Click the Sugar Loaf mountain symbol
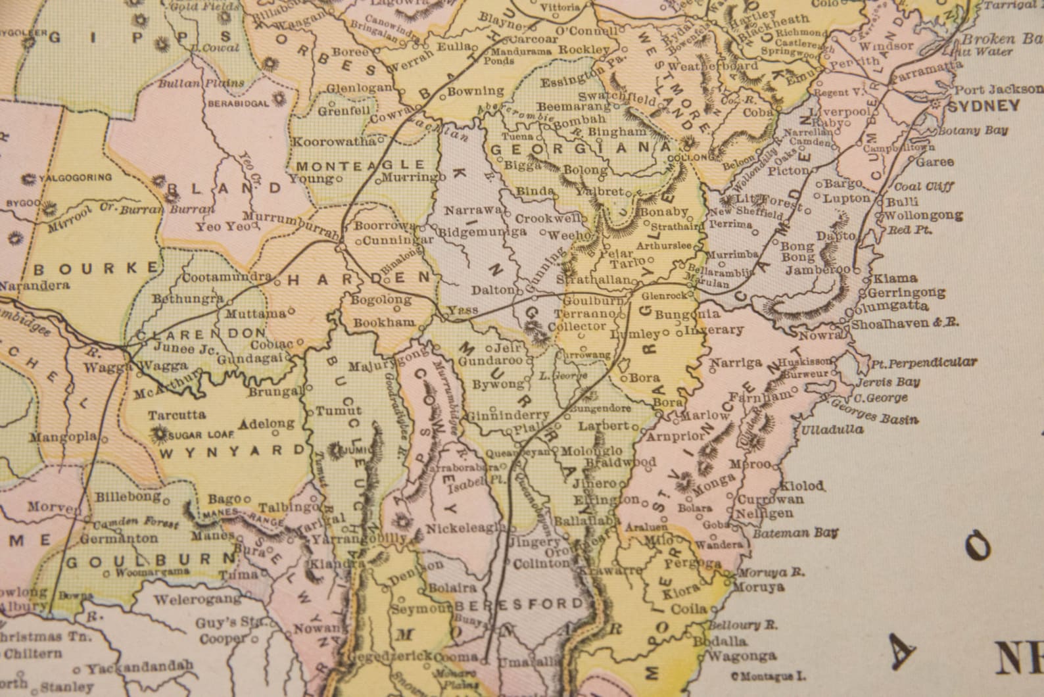pos(158,434)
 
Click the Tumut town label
pos(330,411)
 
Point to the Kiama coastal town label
pos(887,278)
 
